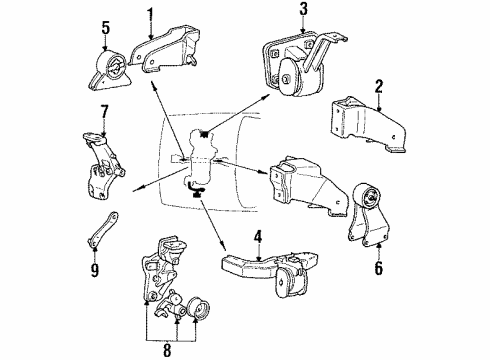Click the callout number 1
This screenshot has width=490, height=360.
(151, 14)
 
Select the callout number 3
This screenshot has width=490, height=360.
(301, 10)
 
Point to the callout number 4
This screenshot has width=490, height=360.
(258, 237)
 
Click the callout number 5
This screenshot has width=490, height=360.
(104, 42)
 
